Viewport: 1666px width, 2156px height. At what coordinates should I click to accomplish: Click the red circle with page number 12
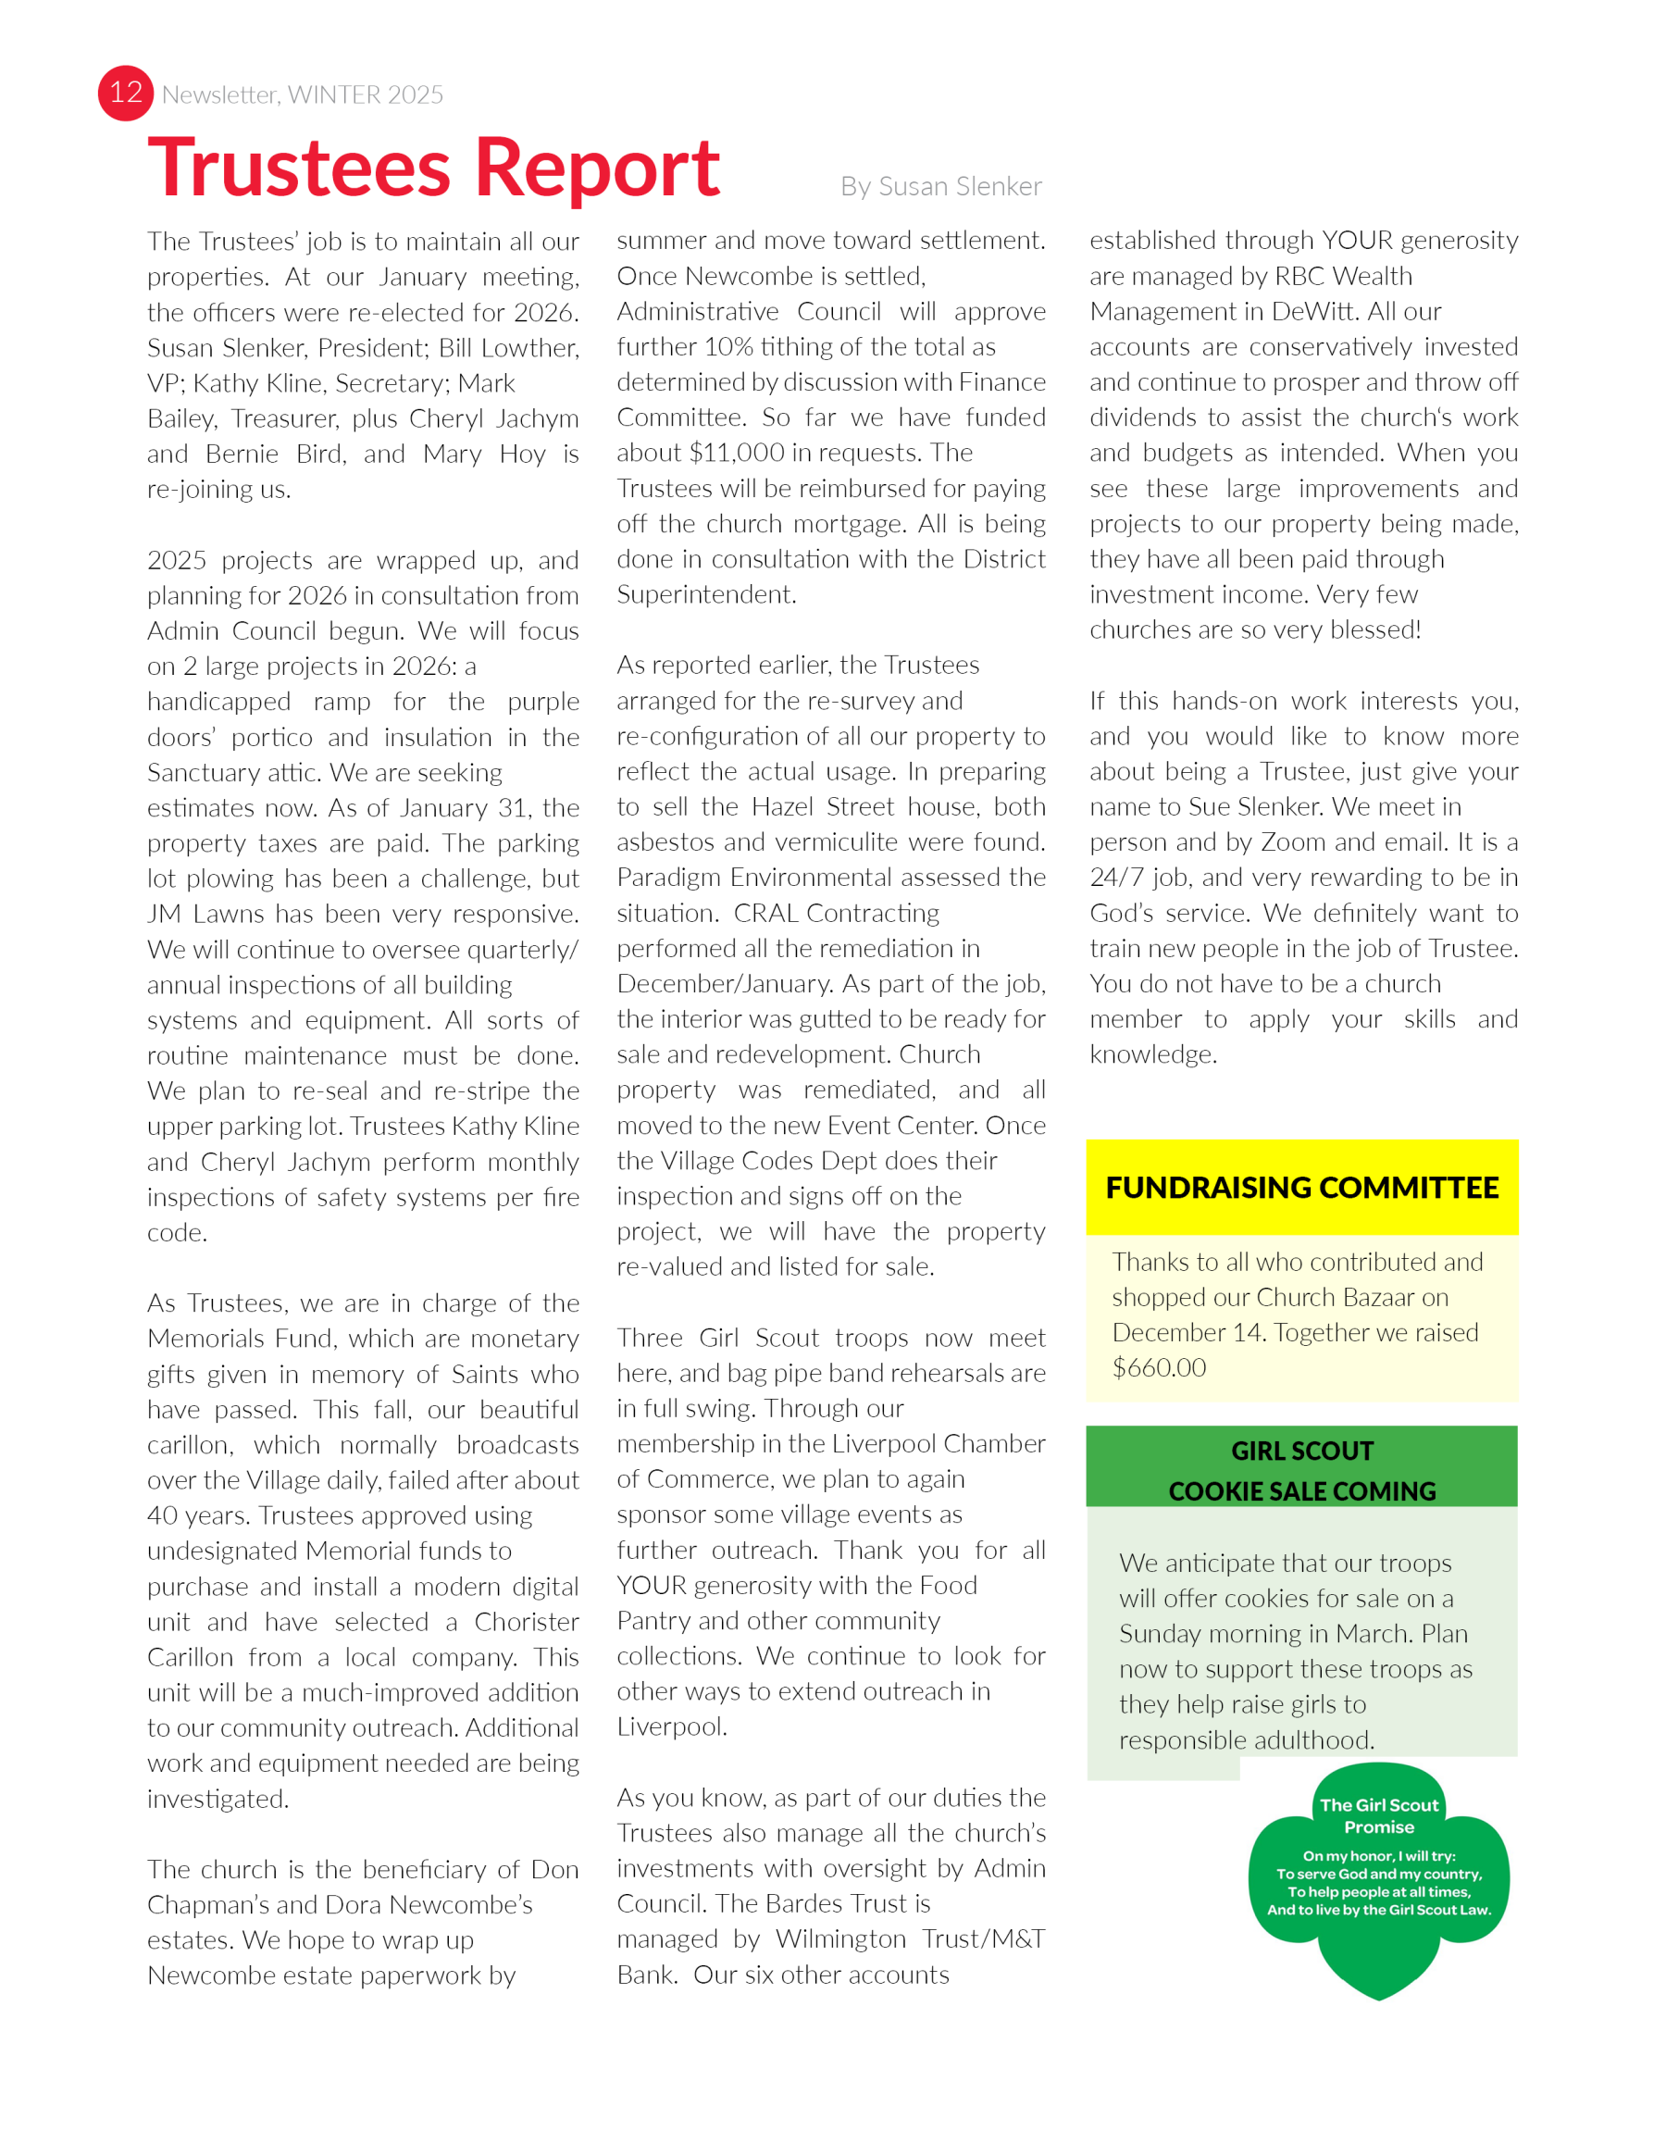click(x=125, y=93)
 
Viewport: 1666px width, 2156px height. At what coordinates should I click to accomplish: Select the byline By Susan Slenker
click(x=940, y=187)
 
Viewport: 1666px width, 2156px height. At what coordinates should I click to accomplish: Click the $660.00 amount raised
click(x=1159, y=1367)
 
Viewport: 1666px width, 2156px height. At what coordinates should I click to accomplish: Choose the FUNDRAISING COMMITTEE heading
click(x=1302, y=1188)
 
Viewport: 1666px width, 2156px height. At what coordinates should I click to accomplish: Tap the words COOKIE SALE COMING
click(x=1302, y=1490)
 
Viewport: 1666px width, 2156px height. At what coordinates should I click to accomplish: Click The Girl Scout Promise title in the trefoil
click(x=1379, y=1815)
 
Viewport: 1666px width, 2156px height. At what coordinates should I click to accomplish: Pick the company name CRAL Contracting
click(x=836, y=913)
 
